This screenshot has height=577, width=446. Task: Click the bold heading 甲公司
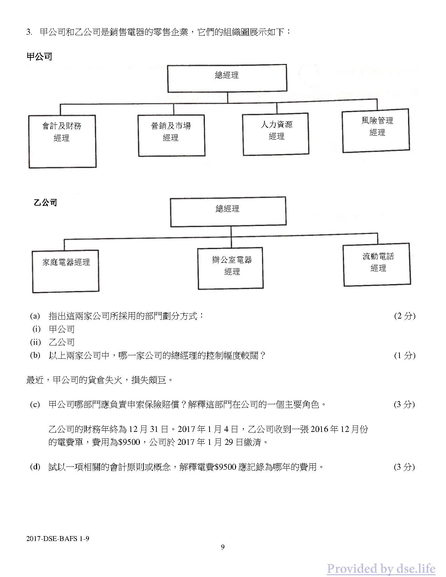39,57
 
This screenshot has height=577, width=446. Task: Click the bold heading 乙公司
45,202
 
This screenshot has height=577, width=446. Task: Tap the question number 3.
29,33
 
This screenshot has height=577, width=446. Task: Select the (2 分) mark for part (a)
405,316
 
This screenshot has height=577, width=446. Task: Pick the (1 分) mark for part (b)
405,355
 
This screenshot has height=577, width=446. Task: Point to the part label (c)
35,404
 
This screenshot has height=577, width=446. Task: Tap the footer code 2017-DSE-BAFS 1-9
58,539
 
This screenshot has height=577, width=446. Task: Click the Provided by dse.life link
381,569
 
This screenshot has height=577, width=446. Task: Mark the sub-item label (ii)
36,342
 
